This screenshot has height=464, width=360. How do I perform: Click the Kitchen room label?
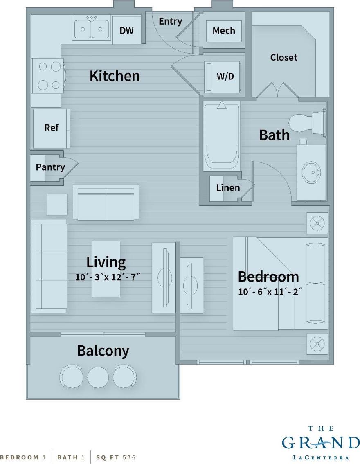coord(115,76)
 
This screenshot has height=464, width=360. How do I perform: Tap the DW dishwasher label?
coord(126,30)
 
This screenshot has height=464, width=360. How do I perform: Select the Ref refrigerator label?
coord(52,128)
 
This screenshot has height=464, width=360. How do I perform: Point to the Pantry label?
coord(50,167)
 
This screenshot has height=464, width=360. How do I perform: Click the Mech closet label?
coord(224,31)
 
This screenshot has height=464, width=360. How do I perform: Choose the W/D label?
coord(225,77)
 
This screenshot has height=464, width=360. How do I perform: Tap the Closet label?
coord(284,57)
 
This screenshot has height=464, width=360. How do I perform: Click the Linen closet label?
coord(228,188)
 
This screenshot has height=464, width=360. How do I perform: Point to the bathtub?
coord(221,137)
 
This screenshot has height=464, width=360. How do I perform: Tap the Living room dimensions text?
coord(108,277)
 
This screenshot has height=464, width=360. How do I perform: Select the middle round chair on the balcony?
coord(97,377)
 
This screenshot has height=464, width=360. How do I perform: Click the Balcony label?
coord(103,351)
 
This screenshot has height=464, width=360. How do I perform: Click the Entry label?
coord(170,21)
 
